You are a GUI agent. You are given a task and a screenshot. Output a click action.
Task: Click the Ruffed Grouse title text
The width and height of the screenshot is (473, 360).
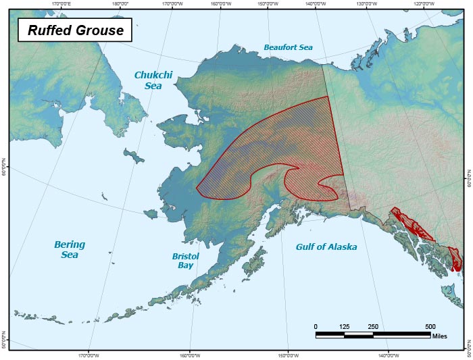pos(74,30)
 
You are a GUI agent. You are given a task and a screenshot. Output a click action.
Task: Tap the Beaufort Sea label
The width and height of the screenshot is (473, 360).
pos(289,47)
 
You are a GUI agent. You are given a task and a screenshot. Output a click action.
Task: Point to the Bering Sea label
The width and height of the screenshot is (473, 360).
pos(69,249)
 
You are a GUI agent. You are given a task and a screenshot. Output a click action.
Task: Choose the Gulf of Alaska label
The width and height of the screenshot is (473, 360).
pos(326,247)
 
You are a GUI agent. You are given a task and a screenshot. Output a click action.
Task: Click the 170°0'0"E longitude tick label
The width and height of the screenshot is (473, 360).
pos(61,3)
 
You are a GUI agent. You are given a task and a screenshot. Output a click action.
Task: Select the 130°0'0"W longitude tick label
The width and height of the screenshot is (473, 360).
pos(366,3)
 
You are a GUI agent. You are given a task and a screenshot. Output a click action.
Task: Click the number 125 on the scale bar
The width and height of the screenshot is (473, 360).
pos(344,327)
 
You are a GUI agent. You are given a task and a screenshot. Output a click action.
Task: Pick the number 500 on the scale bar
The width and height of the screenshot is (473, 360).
pos(430,327)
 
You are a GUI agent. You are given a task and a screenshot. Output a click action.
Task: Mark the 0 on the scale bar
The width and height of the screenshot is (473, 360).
pos(316,327)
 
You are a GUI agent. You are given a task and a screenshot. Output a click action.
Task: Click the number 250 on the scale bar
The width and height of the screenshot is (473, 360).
pos(372,327)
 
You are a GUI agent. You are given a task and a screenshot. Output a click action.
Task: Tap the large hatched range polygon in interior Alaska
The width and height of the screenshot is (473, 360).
pos(284,142)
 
